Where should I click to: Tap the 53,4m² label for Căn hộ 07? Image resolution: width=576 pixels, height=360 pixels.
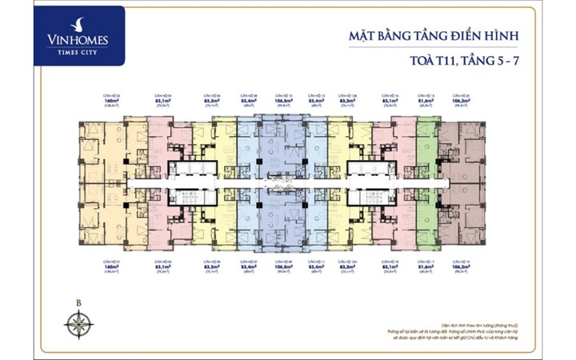coord(249,266)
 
